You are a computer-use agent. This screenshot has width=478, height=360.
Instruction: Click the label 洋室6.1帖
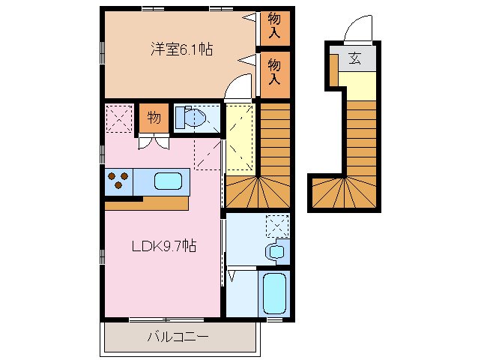tap(181, 49)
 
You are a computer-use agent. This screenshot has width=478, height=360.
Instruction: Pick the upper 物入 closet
tap(275, 25)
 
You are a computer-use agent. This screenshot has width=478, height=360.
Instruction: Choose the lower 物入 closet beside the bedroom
tap(275, 71)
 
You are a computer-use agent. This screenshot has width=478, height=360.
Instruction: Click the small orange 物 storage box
tap(153, 118)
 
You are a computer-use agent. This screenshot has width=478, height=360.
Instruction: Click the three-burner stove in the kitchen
tap(118, 181)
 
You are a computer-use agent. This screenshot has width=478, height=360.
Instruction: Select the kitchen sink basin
tap(168, 181)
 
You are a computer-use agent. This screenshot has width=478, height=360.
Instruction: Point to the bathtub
tap(275, 294)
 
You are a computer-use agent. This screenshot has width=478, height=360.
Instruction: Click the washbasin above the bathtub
tap(275, 251)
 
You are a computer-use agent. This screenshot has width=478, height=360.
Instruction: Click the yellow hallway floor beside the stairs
tap(240, 139)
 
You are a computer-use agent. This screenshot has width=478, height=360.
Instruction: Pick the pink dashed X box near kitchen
tap(118, 118)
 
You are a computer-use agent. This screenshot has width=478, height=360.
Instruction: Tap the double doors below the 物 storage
tap(153, 142)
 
